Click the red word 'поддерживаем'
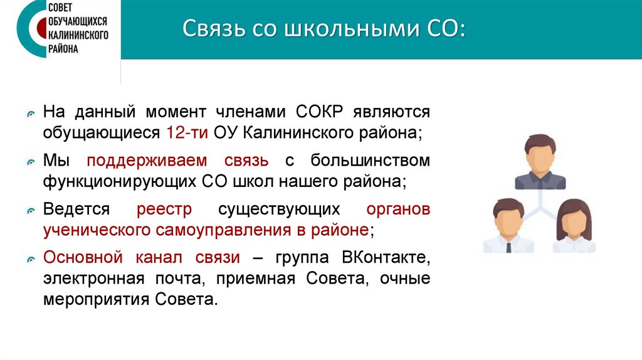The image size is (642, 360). coord(177,161)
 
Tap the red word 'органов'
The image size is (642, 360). coord(398,209)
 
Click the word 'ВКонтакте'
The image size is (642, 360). coord(386,257)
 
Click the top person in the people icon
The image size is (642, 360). coord(540,161)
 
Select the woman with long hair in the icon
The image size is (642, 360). coord(574,226)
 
